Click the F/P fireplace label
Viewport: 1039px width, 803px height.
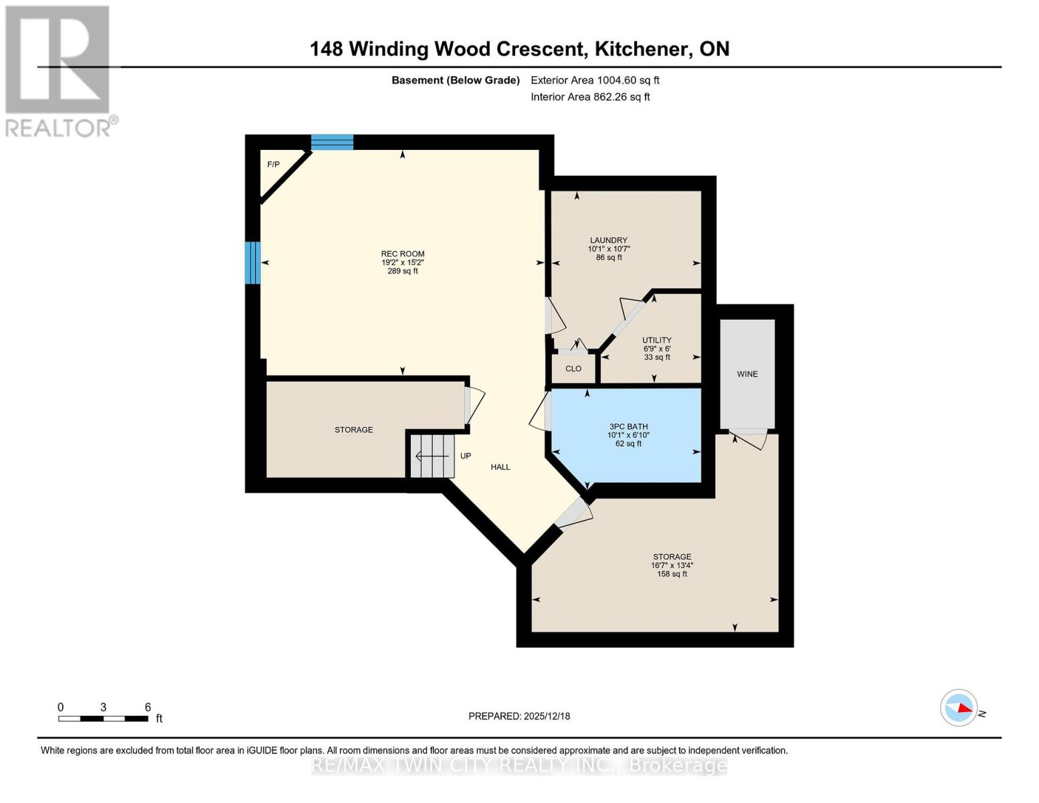273,165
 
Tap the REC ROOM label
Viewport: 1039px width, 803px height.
403,254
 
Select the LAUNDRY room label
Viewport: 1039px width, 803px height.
608,240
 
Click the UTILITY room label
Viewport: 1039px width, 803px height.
656,340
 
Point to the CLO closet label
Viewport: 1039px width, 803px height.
573,369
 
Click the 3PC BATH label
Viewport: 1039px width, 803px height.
628,426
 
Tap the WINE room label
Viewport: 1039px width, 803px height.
747,374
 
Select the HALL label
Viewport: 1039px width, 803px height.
500,467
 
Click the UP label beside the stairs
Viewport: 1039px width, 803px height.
466,456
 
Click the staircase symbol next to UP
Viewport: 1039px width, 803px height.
432,456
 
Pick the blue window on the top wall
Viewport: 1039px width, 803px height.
332,142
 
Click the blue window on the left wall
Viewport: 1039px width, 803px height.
252,262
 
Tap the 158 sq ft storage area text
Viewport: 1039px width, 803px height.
672,574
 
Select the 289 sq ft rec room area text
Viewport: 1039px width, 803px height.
403,271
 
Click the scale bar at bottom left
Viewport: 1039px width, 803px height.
103,719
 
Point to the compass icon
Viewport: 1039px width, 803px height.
959,707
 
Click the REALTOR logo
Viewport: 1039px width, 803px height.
58,71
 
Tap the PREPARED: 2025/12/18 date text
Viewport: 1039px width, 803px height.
519,716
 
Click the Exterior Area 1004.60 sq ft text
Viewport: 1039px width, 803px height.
595,80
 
